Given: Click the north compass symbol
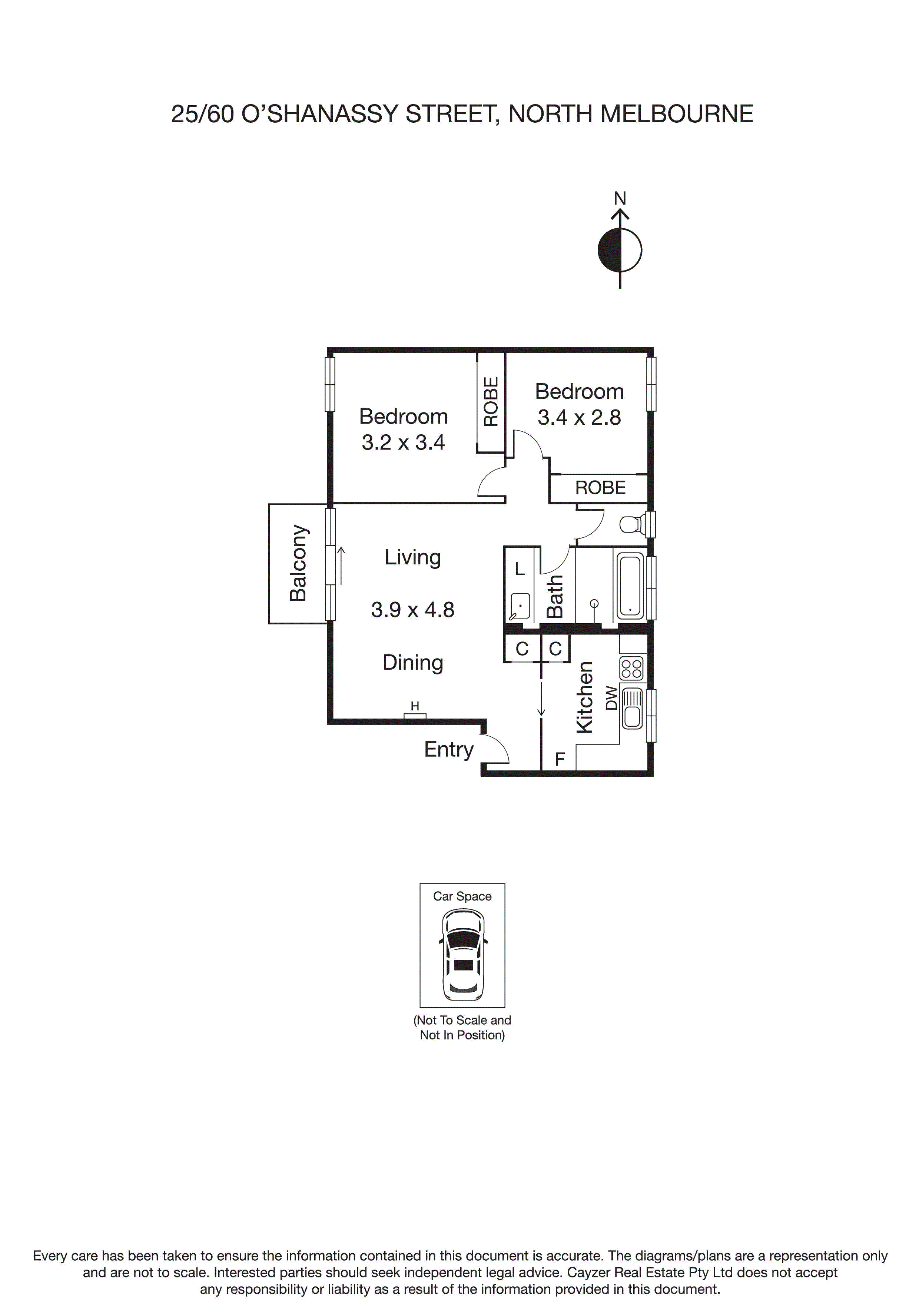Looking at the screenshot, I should pos(620,249).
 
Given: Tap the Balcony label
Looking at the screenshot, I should pos(298,563).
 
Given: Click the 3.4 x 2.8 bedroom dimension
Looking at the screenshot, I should pos(579,418).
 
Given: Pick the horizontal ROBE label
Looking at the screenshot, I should pos(600,488).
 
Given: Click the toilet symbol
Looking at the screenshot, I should pos(632,524).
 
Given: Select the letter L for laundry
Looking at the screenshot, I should pos(520,569).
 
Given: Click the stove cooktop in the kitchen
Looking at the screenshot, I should pos(631,669).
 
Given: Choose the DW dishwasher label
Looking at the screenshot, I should pos(611,697).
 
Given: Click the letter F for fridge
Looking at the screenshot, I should pos(560,759).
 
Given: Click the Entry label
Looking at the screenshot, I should pos(448,749).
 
